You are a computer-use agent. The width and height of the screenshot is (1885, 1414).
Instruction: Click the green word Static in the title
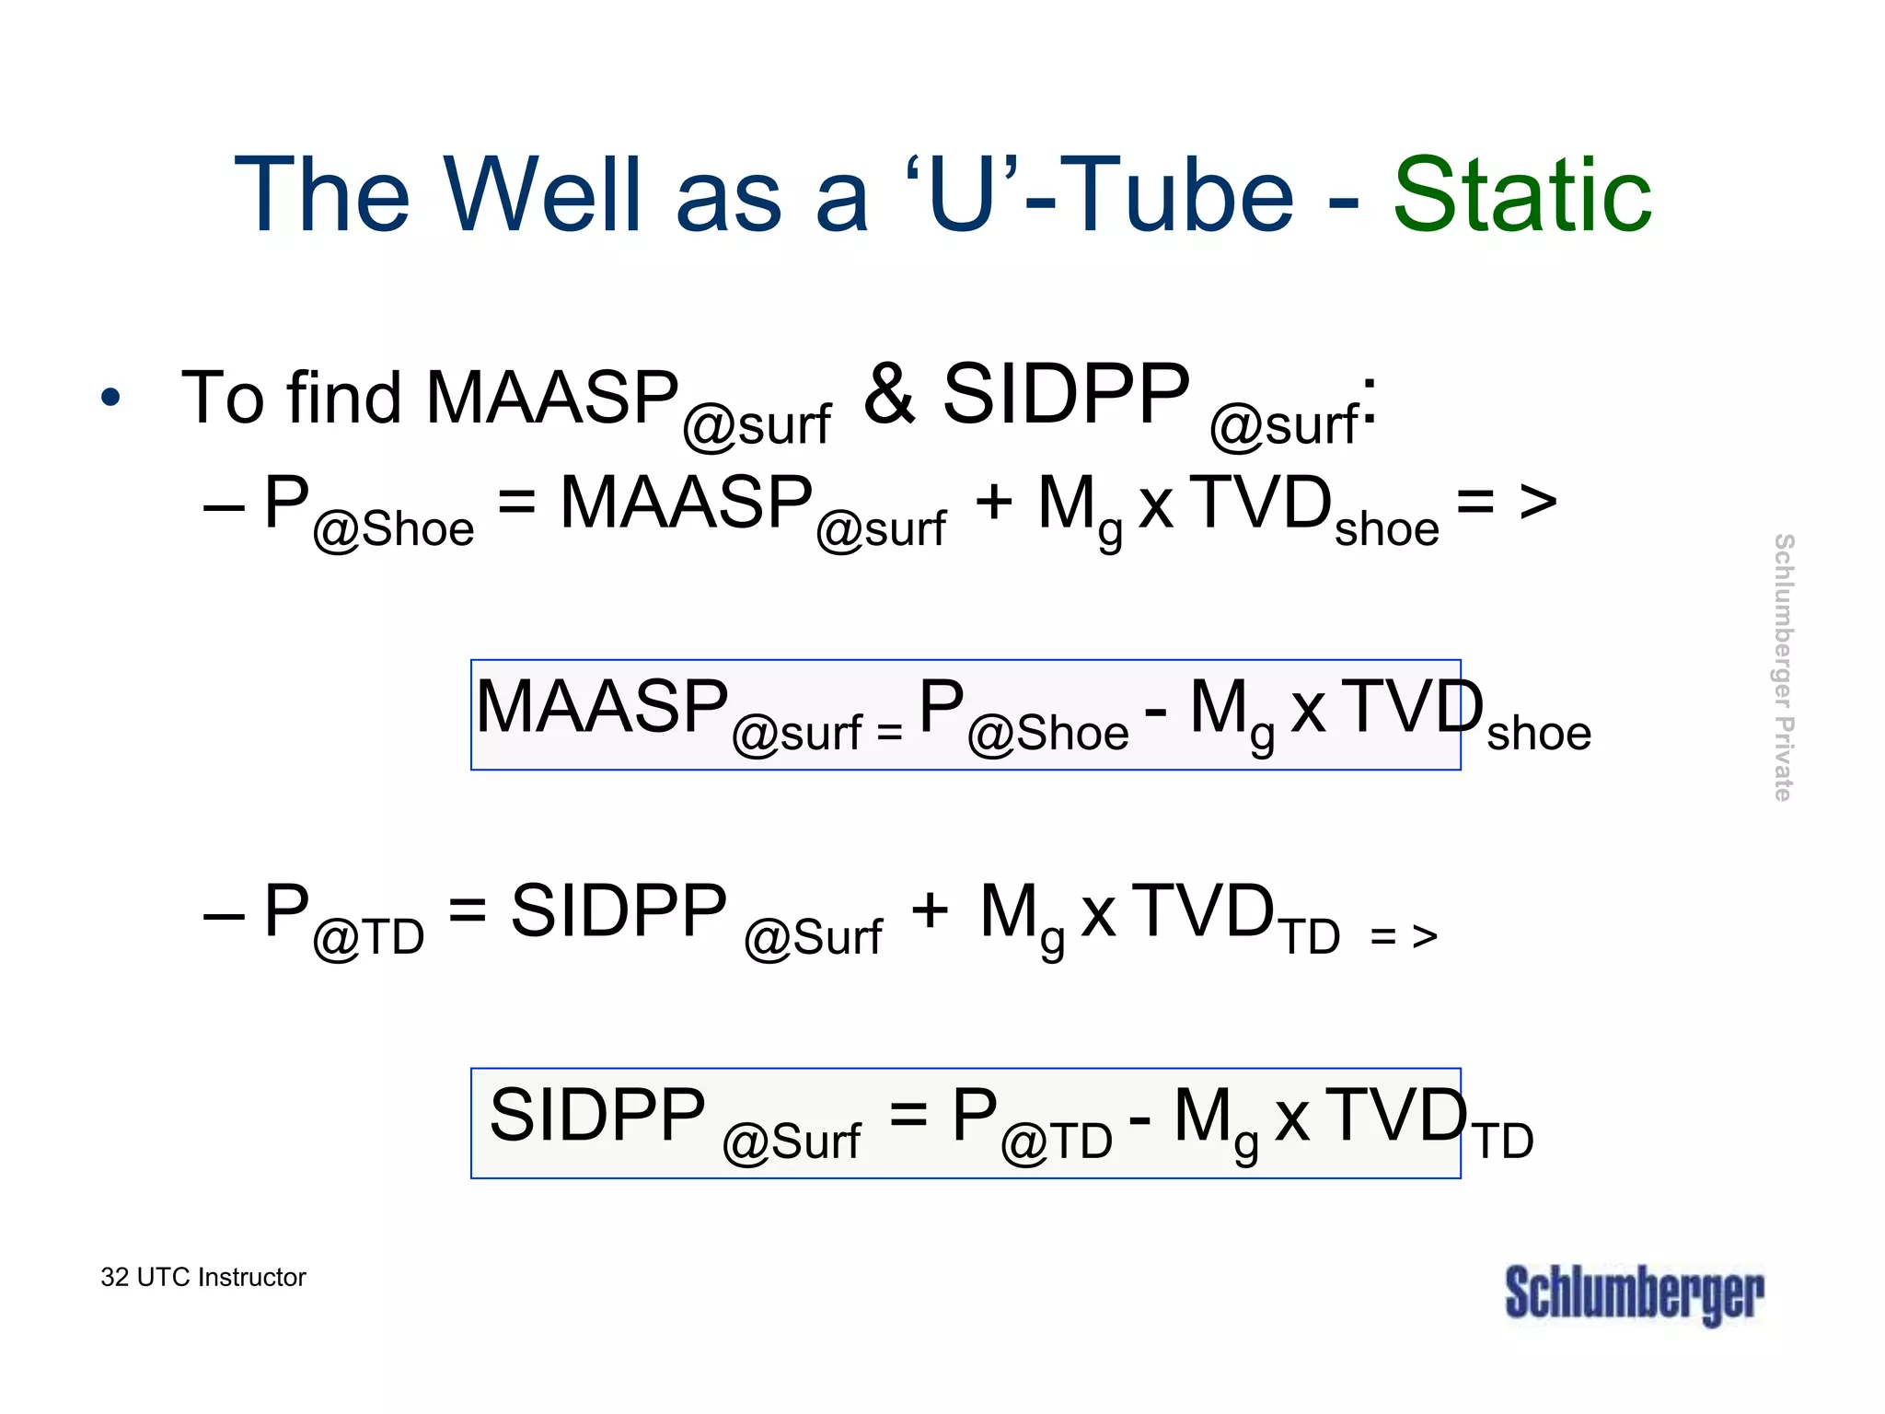1522,195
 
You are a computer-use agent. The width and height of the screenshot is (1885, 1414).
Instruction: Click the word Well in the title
543,195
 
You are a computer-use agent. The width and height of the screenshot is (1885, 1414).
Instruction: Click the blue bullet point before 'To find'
110,399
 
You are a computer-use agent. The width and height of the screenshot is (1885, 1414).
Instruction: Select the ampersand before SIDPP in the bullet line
889,394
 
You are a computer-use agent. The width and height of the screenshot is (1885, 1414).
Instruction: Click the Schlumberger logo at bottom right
1634,1293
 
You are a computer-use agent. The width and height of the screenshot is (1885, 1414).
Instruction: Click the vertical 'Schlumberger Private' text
1783,667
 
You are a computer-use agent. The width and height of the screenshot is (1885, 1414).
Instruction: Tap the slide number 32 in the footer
114,1278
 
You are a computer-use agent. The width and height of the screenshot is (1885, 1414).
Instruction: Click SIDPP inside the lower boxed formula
597,1115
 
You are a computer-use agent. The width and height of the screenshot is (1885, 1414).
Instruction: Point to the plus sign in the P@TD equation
930,910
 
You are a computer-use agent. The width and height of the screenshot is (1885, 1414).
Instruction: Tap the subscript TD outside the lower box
1503,1142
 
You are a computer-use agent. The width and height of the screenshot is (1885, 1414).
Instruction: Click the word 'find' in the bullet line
343,398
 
